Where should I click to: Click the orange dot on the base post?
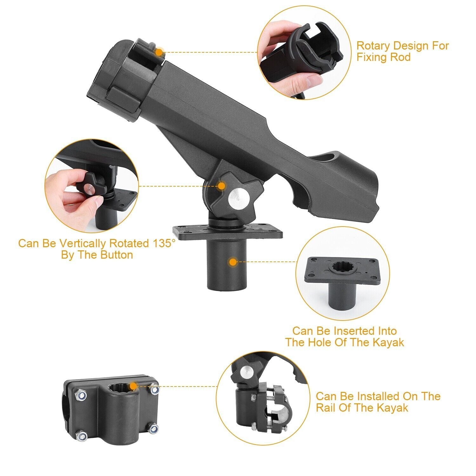point(233,262)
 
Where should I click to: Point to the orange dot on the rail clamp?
point(133,386)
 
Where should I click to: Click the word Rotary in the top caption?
point(373,46)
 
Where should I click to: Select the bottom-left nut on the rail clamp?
point(82,436)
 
